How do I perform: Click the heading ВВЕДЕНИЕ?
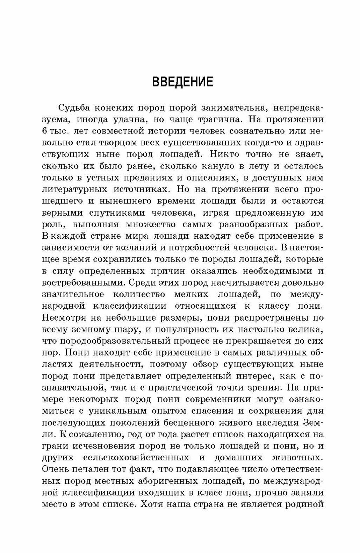click(x=182, y=82)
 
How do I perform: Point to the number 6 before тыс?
click(x=44, y=131)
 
